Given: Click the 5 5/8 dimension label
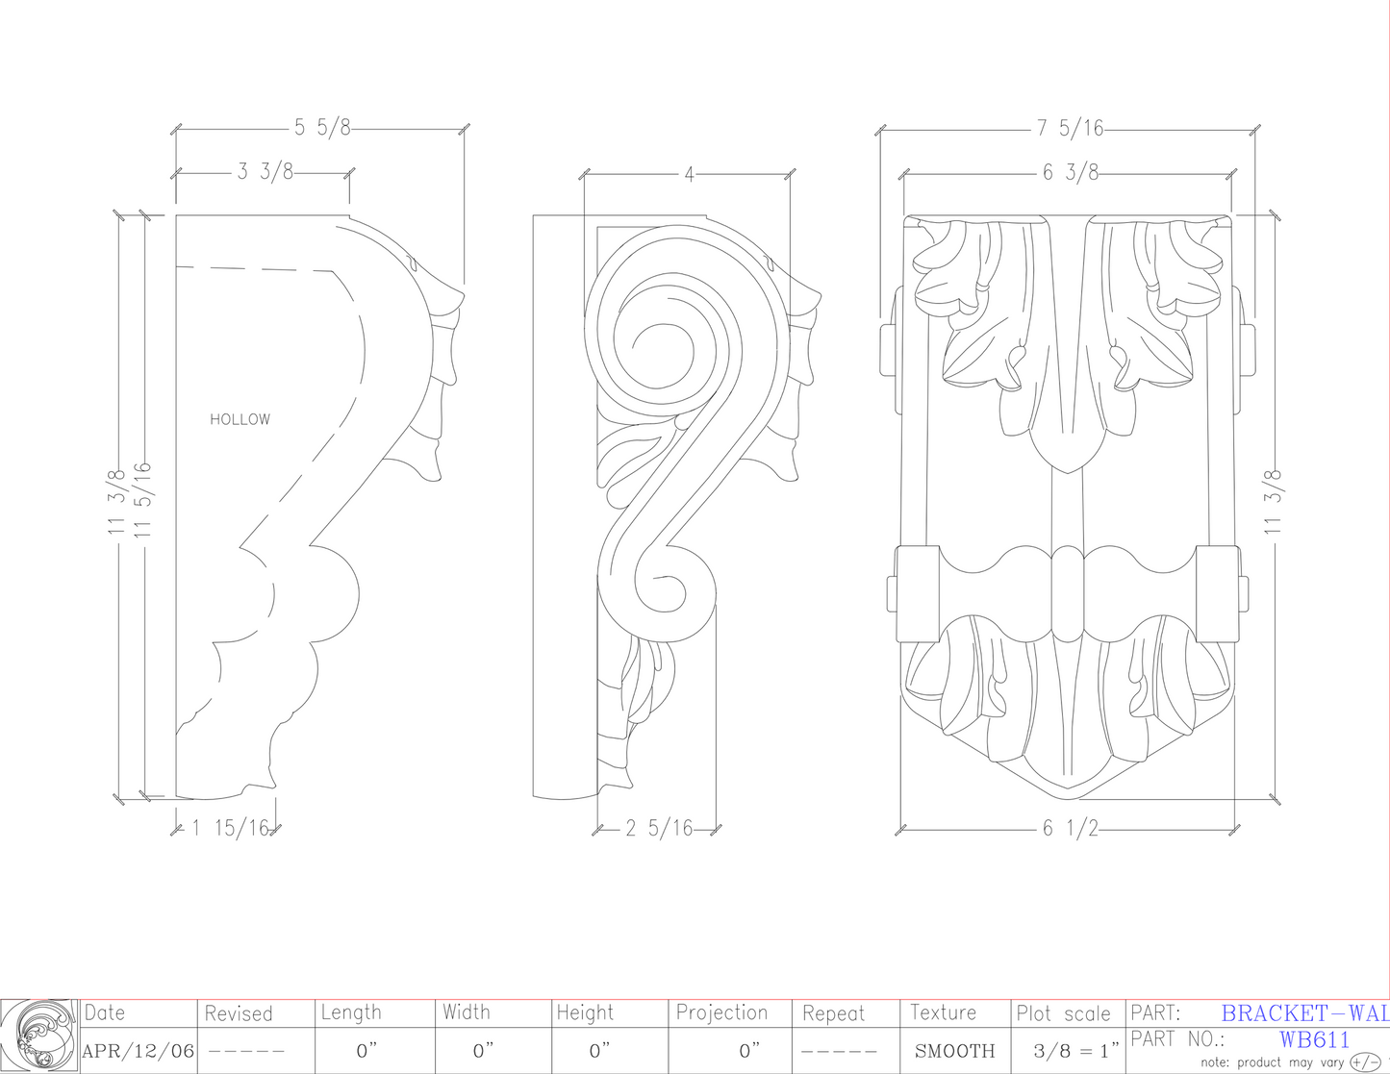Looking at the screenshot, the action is pos(322,128).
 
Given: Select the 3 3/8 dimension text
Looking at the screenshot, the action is pos(265,171).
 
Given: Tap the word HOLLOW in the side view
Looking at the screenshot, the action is pos(240,419).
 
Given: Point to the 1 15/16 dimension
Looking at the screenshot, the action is pos(230,828).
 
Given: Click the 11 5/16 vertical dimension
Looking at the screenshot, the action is pos(142,499).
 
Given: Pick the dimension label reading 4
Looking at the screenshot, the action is pos(689,174).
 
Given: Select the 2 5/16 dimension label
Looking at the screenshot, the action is pos(659,828).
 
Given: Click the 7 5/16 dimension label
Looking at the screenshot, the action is pos(1071,129).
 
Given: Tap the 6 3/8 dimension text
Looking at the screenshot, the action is pos(1071,172).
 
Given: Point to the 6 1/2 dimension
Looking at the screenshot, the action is pos(1071,828).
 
